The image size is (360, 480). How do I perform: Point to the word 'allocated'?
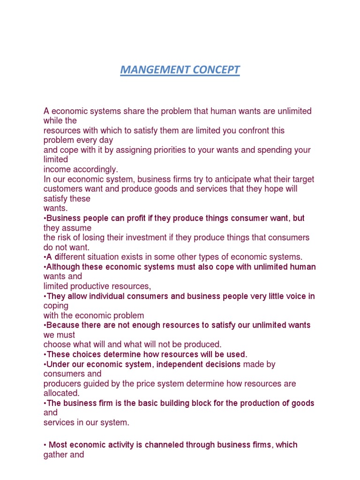tap(61, 393)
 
